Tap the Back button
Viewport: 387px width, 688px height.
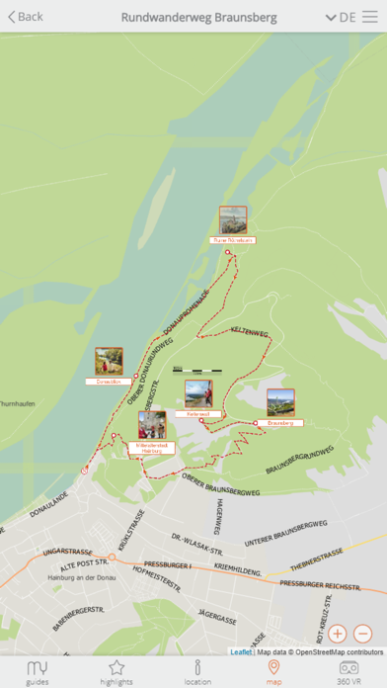[26, 17]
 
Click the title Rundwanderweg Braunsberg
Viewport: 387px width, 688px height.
[198, 17]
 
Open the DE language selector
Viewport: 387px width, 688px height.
[341, 17]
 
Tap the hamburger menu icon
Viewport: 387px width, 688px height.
[369, 17]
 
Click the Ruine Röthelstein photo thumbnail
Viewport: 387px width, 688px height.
[233, 219]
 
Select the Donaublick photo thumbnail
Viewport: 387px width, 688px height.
[109, 361]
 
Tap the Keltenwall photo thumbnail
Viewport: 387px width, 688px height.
[198, 393]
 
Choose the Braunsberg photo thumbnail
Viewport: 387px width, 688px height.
[280, 402]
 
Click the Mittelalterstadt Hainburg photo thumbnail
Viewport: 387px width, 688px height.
[152, 426]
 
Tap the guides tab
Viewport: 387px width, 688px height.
[38, 672]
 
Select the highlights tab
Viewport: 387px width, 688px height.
[116, 672]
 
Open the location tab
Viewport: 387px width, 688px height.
[197, 672]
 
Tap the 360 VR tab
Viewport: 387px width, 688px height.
[348, 672]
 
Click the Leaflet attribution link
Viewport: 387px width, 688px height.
[241, 651]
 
